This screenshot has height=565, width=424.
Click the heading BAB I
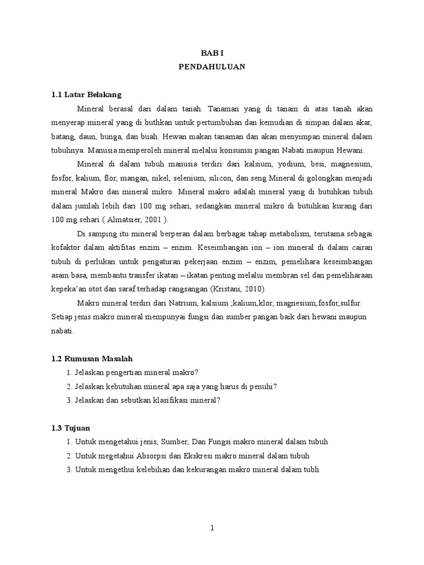click(x=211, y=52)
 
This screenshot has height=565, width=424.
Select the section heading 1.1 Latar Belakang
click(x=86, y=94)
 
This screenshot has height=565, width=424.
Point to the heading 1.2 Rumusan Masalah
click(x=92, y=359)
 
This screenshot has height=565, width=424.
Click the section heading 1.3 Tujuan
click(x=71, y=428)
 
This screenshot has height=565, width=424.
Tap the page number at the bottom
click(x=212, y=528)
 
